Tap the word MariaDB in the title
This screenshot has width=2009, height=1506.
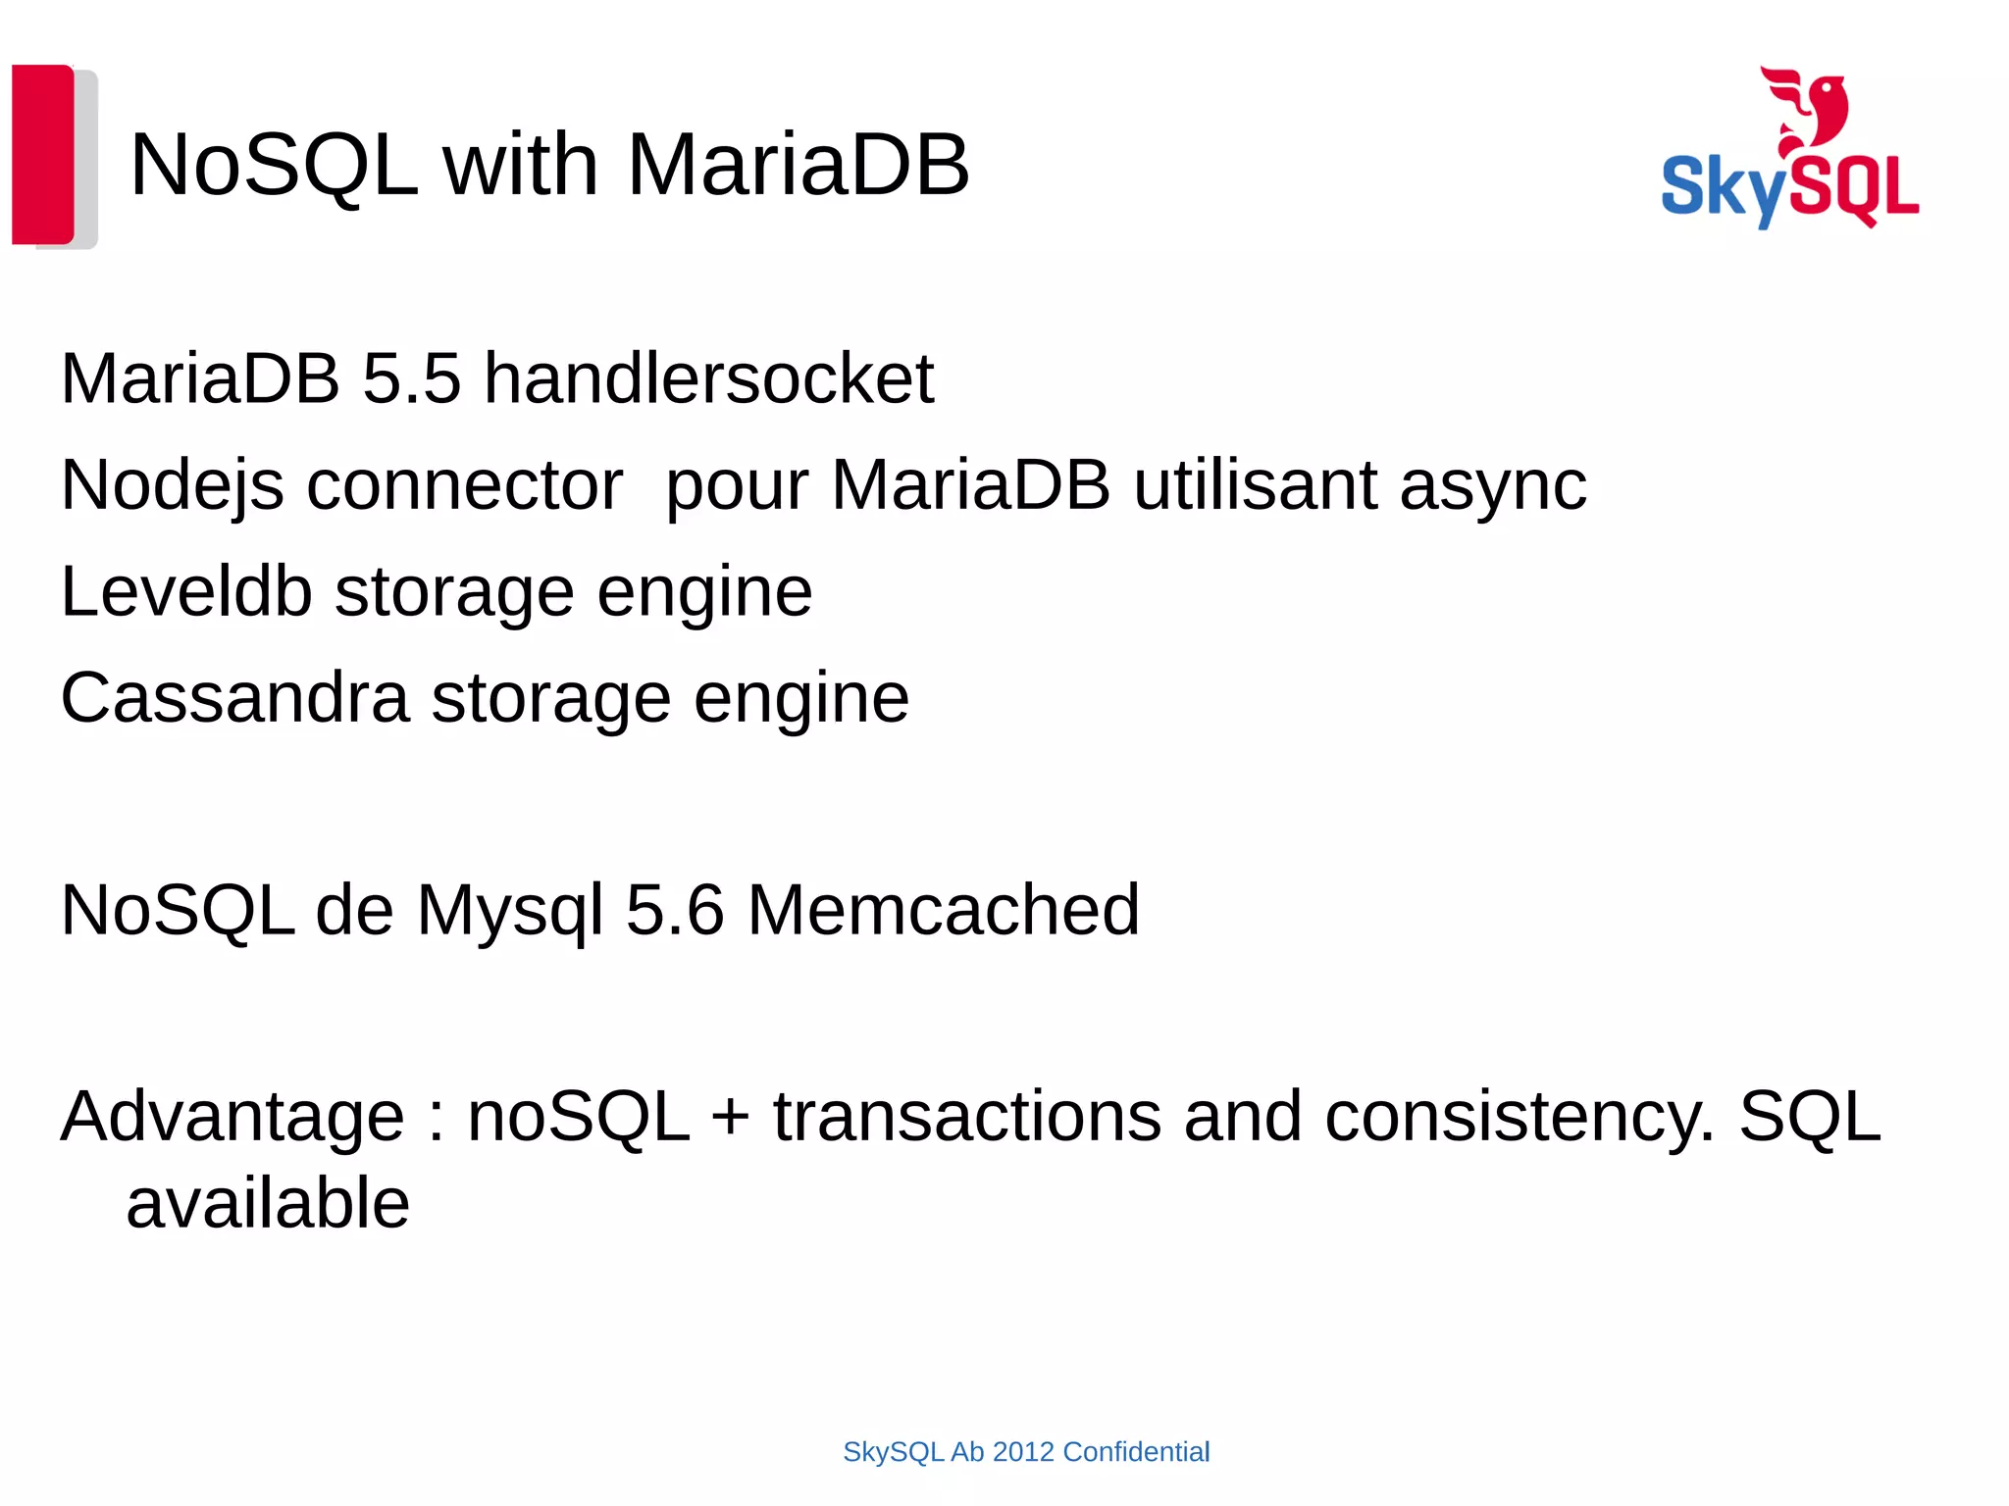click(x=798, y=165)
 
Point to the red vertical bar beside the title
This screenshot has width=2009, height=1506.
click(x=43, y=154)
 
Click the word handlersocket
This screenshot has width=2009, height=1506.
click(x=708, y=378)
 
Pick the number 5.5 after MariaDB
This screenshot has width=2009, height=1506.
click(x=411, y=378)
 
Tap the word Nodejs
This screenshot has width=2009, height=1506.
click(x=173, y=485)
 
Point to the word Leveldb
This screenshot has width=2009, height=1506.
click(x=186, y=592)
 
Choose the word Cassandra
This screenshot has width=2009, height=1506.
click(x=234, y=698)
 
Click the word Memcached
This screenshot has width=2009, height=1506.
click(x=943, y=911)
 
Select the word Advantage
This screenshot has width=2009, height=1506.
click(x=232, y=1117)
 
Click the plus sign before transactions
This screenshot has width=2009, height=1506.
click(x=731, y=1119)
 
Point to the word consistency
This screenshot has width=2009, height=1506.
click(x=1519, y=1117)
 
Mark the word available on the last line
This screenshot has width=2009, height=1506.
click(x=268, y=1204)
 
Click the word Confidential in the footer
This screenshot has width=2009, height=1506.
click(x=1136, y=1452)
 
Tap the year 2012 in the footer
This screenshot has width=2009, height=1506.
click(x=1023, y=1452)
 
